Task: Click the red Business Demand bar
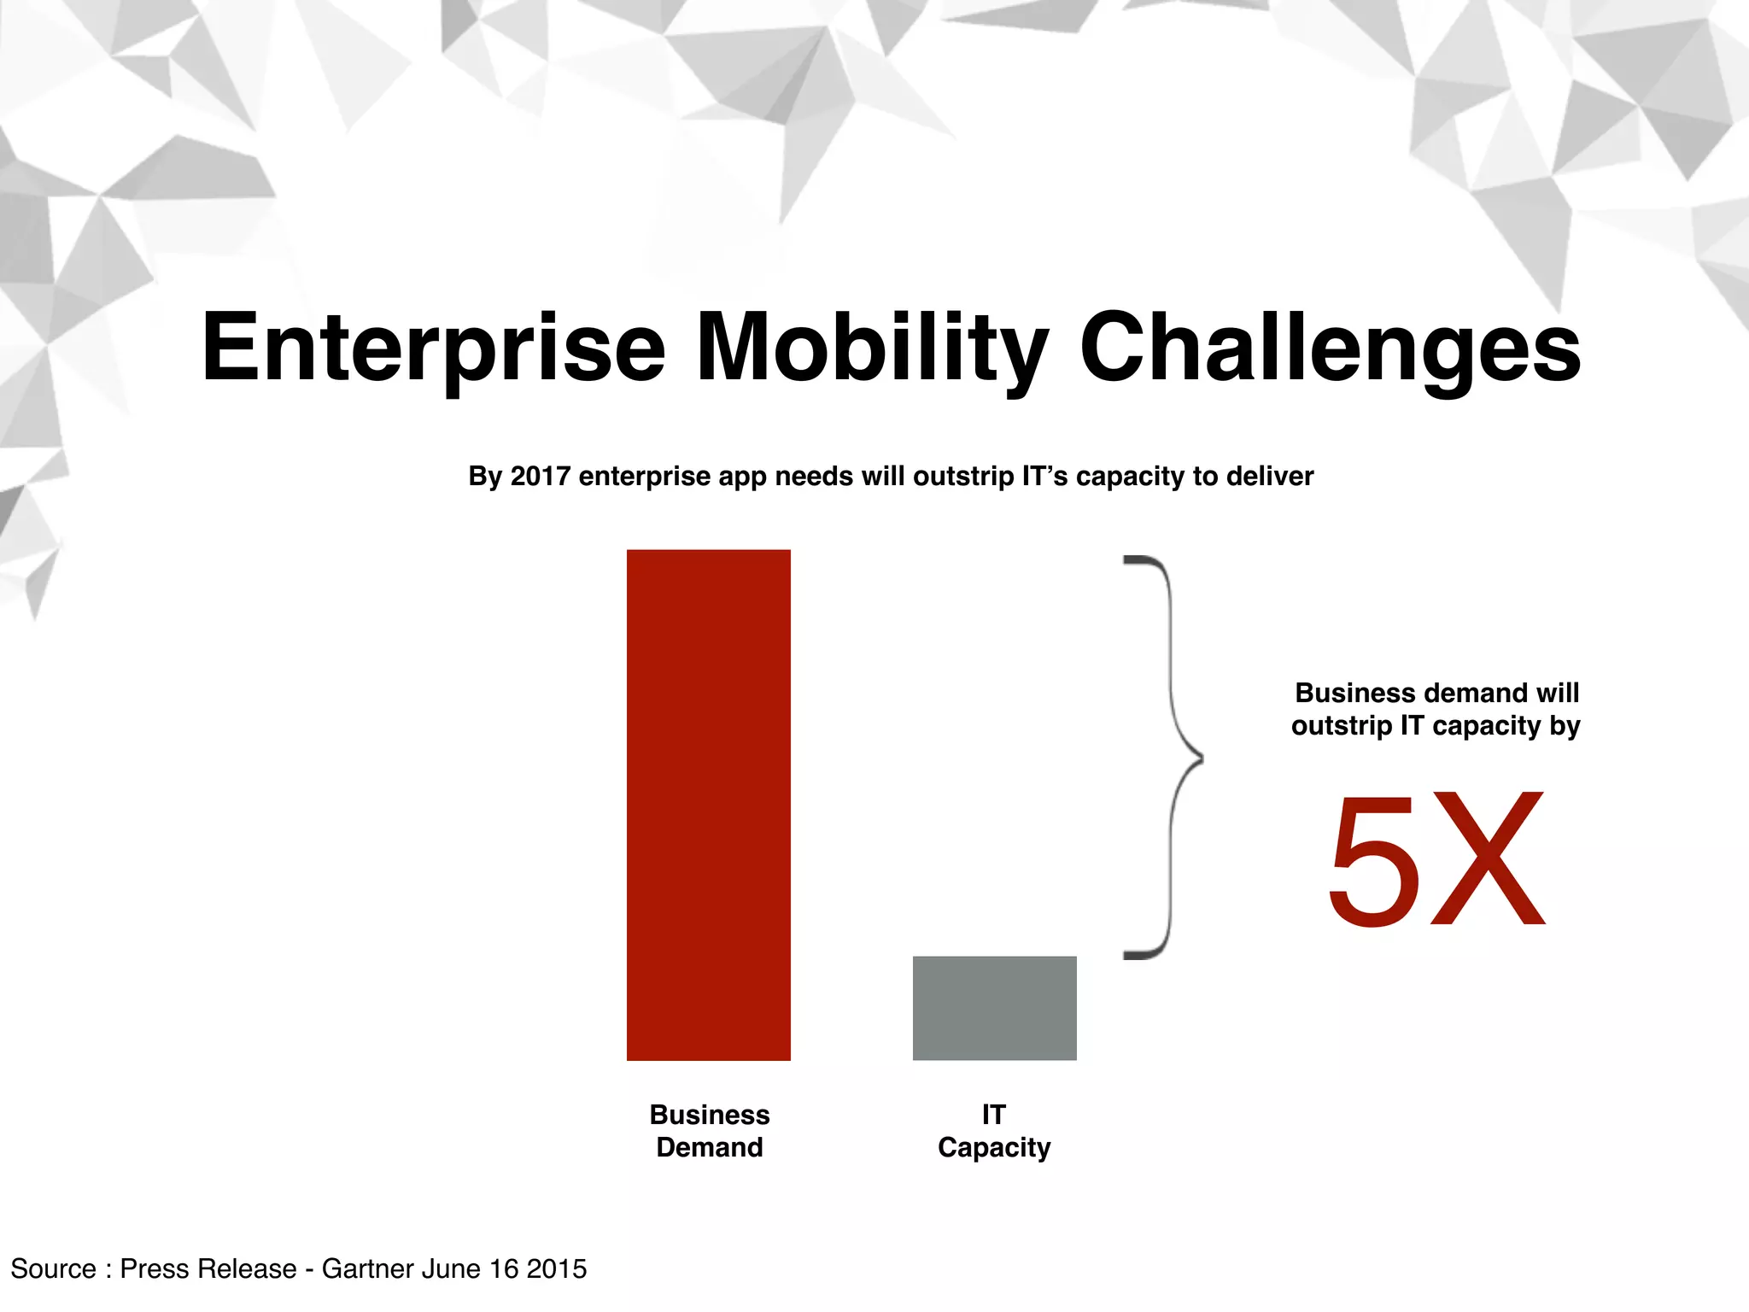(708, 805)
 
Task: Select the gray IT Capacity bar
(994, 1008)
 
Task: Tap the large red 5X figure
(1436, 859)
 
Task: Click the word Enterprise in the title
(433, 348)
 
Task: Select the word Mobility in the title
(871, 348)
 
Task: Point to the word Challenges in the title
(1330, 348)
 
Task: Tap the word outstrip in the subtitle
(962, 476)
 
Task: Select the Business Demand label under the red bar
(709, 1130)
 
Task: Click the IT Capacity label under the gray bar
(994, 1130)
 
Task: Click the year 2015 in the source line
(556, 1268)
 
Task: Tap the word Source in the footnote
(53, 1268)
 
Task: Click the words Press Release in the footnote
(208, 1268)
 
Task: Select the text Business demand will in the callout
(1436, 692)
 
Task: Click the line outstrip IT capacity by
(1436, 725)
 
